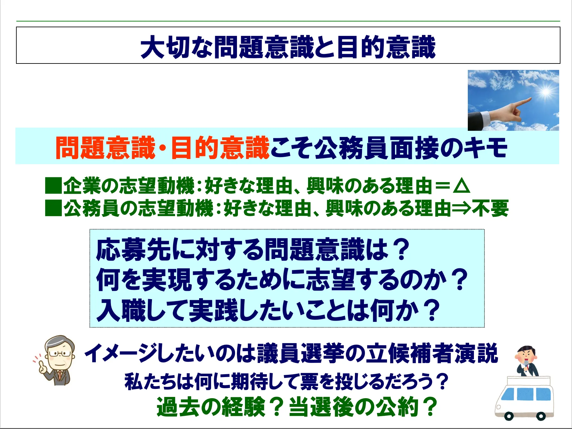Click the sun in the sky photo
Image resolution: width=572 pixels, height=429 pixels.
click(546, 92)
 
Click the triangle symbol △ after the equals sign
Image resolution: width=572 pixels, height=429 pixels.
click(462, 186)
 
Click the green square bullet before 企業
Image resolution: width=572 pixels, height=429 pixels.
click(53, 186)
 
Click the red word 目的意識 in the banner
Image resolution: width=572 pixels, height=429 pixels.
click(220, 148)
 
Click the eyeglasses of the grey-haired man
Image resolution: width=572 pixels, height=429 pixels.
click(60, 354)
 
